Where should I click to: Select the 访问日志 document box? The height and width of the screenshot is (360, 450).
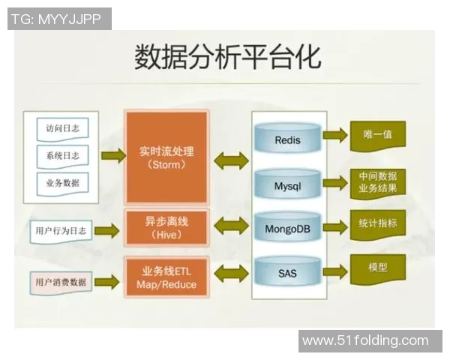point(62,128)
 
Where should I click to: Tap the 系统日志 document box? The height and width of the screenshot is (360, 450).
point(62,155)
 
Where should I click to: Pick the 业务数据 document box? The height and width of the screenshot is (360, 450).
point(62,182)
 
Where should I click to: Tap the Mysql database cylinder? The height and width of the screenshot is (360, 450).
point(287,184)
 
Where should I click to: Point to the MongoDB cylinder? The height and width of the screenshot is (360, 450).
point(287,227)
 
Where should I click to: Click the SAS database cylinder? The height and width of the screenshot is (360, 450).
point(287,272)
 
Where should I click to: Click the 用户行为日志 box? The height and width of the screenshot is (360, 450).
point(61,231)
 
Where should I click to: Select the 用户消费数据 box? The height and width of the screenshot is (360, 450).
point(61,283)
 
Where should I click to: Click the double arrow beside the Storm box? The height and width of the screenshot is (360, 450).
point(230,159)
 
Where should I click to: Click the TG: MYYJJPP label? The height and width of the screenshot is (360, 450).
point(59,18)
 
